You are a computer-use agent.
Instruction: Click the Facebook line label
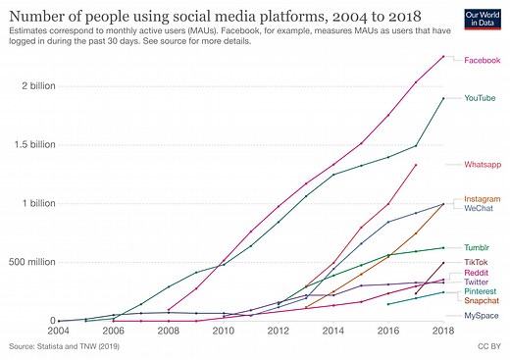[481, 61]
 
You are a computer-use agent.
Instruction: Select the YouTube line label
[480, 98]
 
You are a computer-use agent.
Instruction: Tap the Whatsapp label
[481, 165]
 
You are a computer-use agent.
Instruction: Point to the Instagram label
[481, 199]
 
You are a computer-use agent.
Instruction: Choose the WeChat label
[478, 208]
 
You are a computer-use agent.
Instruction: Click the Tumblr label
[477, 248]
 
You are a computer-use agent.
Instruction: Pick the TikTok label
[476, 263]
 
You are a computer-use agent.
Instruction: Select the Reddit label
[476, 273]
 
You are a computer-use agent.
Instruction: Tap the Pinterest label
[480, 292]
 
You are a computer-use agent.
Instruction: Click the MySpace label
[479, 316]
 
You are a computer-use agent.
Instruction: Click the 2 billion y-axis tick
[29, 85]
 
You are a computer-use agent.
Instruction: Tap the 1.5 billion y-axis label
[25, 144]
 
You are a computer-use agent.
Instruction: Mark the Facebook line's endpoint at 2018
[443, 56]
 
